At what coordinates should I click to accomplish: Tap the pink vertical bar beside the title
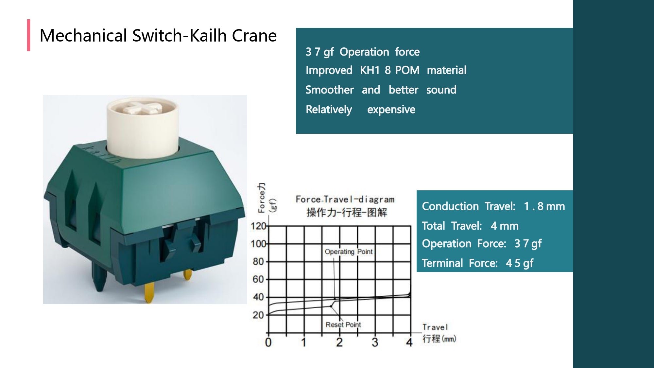(29, 35)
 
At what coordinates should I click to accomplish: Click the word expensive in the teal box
(391, 110)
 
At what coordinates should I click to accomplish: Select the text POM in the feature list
(407, 70)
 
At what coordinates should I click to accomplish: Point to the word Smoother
(329, 90)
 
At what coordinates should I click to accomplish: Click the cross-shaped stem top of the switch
(143, 108)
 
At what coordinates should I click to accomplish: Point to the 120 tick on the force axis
(258, 226)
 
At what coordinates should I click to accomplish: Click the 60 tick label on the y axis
(258, 279)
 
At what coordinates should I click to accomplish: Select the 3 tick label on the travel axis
(375, 342)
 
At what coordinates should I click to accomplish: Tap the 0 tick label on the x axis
(268, 342)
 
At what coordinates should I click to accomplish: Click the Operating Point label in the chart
(348, 252)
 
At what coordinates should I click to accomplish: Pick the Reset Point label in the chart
(343, 324)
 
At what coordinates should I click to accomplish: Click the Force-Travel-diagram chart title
(345, 199)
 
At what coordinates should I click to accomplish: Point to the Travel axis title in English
(435, 327)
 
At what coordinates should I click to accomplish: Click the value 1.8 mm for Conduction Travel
(544, 206)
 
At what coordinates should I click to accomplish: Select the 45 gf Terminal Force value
(519, 263)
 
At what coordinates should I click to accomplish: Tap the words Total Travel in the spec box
(452, 226)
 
